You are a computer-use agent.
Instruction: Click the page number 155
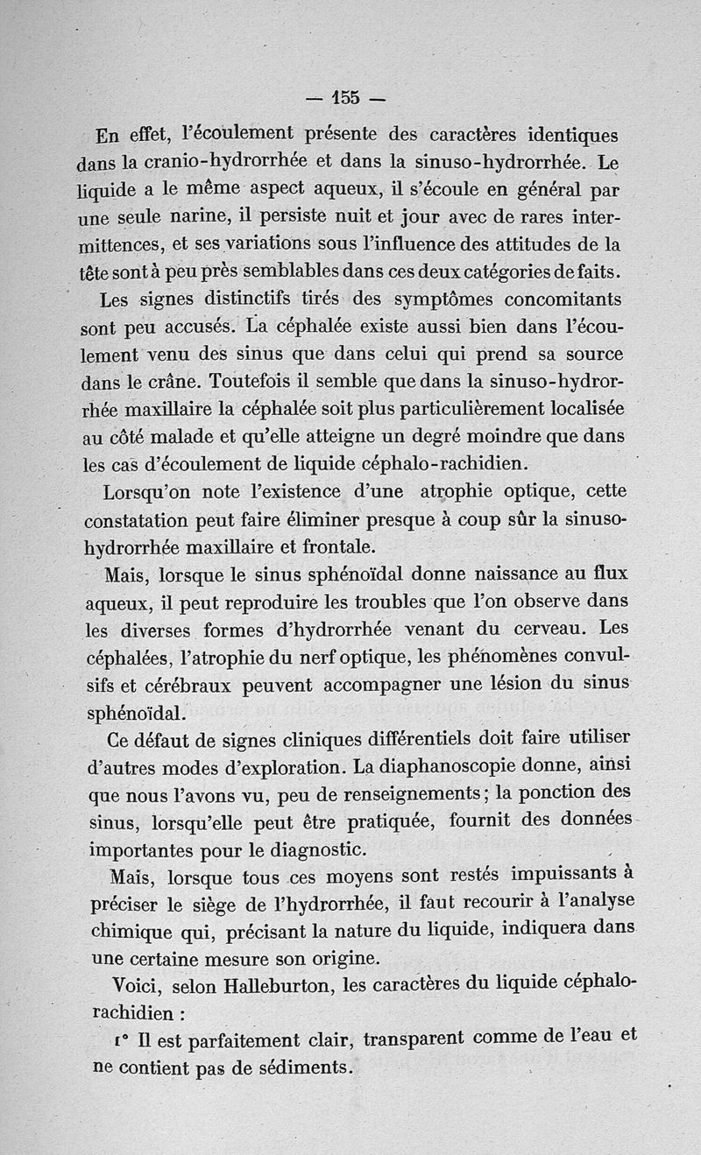pos(346,97)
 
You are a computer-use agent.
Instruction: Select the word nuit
pos(370,217)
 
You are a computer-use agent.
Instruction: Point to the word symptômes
pos(449,300)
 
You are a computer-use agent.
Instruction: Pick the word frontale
pos(336,547)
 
